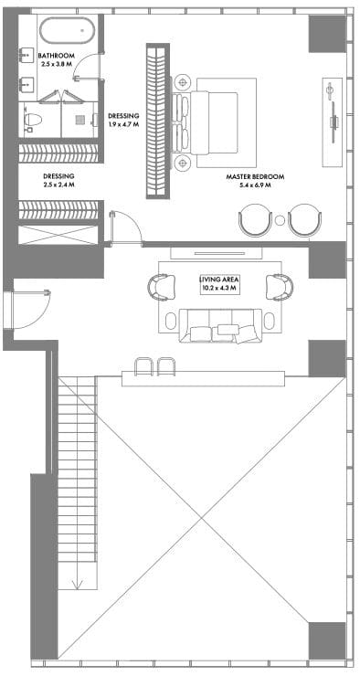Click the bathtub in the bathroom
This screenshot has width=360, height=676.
[67, 30]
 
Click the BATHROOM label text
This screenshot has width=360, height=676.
[57, 56]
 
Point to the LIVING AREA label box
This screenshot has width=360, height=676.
[219, 284]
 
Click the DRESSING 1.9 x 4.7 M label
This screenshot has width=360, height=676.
[123, 120]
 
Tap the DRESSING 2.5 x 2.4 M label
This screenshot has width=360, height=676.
[58, 180]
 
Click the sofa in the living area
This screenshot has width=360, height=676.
[220, 325]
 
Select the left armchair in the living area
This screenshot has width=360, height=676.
[162, 287]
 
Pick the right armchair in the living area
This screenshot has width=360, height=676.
[280, 287]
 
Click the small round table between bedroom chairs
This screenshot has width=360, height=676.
[280, 220]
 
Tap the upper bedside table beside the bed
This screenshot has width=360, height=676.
[183, 81]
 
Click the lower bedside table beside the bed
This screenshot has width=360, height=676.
[183, 163]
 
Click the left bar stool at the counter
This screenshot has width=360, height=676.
[144, 367]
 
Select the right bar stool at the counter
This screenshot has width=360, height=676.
[166, 367]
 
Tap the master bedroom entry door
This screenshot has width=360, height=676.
[125, 227]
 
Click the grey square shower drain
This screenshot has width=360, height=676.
[79, 121]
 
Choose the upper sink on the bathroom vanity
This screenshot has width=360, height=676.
[27, 55]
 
